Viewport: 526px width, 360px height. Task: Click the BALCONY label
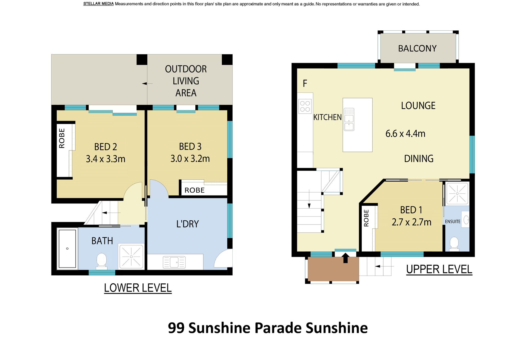tap(417, 48)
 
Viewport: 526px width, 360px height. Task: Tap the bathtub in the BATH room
tap(67, 249)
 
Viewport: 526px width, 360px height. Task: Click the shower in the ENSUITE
tap(457, 194)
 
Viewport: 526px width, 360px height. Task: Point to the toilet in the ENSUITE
tap(454, 244)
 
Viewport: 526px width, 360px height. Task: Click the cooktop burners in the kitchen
tap(305, 106)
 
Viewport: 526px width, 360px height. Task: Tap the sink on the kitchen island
tap(349, 119)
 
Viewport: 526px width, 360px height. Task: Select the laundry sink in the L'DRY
tap(174, 262)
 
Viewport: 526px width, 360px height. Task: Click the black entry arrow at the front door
tap(345, 258)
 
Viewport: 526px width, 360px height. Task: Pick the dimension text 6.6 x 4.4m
tap(405, 134)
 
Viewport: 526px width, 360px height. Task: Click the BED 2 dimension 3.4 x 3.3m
tap(105, 159)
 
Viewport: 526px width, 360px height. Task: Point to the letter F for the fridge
tap(305, 83)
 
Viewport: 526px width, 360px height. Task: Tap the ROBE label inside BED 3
tap(195, 190)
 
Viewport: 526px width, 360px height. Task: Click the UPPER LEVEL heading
tap(439, 269)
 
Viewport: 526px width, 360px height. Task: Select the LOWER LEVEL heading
tap(138, 288)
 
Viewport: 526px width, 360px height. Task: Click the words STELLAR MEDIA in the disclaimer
tap(98, 4)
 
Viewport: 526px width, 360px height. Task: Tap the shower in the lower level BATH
tap(131, 257)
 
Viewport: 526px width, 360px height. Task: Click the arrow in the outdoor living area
tap(147, 83)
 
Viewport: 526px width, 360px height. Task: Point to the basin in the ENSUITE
tap(465, 220)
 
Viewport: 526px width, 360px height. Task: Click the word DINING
tap(419, 159)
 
